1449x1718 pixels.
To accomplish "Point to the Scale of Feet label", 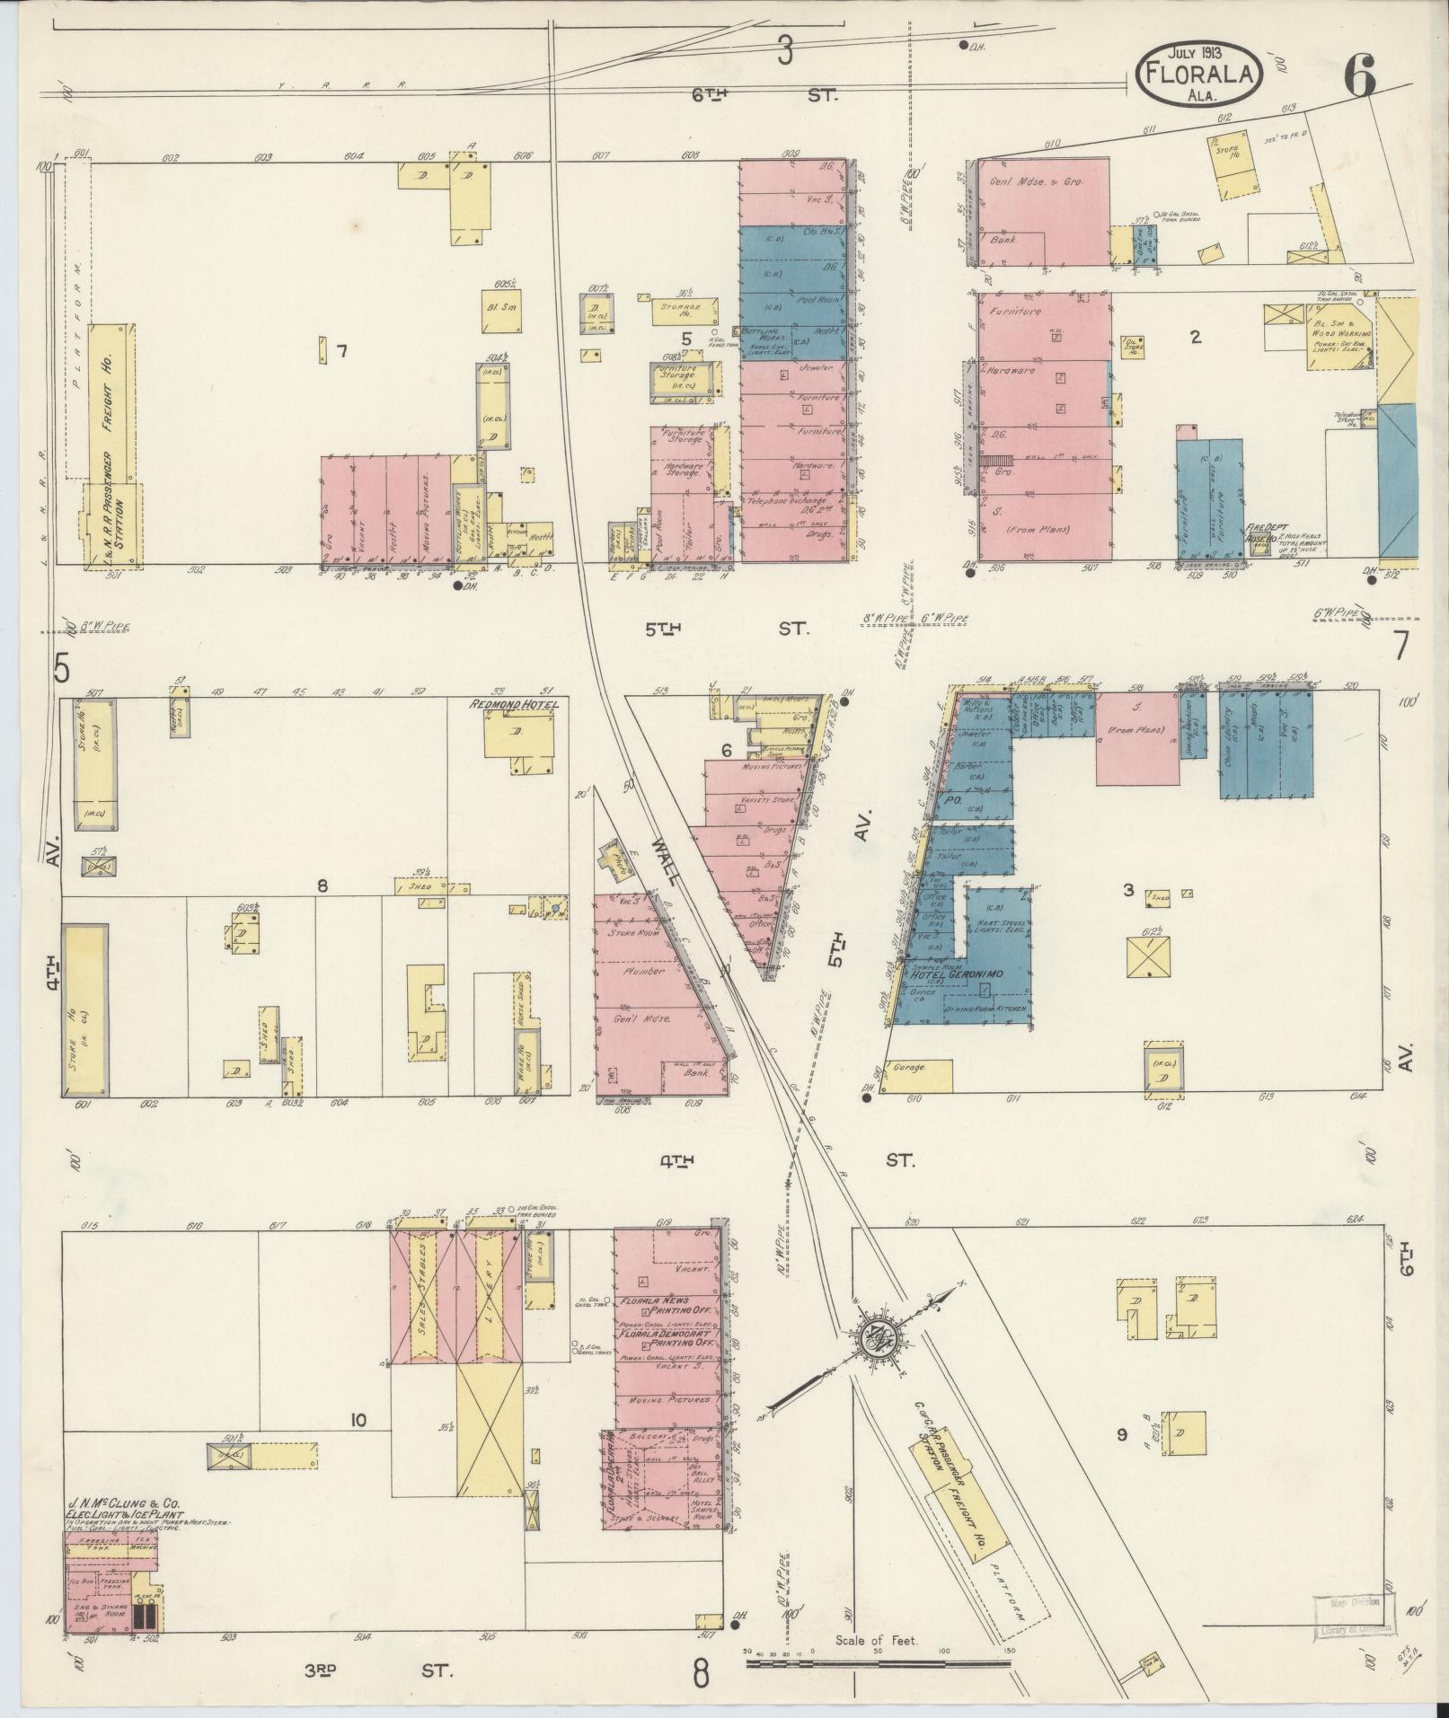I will click(876, 1641).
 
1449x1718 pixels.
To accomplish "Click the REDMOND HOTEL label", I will click(513, 705).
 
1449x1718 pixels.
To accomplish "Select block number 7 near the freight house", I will click(341, 351).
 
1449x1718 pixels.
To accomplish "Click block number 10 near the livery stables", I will click(358, 1420).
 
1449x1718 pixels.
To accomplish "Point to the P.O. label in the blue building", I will click(954, 799).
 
